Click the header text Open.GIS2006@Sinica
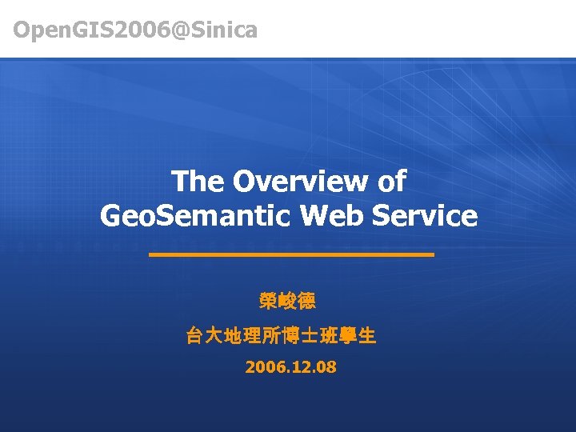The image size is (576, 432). click(135, 30)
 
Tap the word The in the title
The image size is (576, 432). click(197, 182)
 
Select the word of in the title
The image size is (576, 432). click(390, 182)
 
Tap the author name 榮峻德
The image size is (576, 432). click(288, 302)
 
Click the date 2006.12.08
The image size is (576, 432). click(290, 368)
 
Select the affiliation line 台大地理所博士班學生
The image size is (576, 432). click(281, 336)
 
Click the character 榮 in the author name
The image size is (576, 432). click(270, 302)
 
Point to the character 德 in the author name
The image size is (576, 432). click(306, 302)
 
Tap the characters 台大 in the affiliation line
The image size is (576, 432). click(205, 336)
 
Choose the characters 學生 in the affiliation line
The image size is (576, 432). click(357, 336)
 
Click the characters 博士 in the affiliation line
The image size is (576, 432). click(299, 336)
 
